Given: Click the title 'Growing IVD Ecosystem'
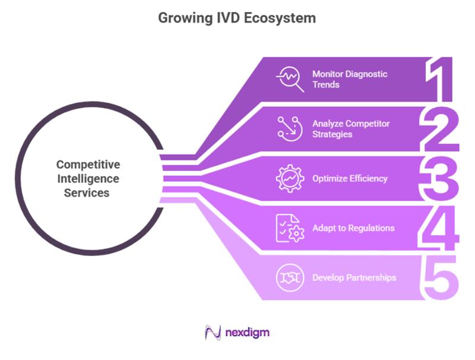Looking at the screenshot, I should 237,18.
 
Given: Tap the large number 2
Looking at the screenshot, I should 439,128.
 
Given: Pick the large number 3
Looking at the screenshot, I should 440,178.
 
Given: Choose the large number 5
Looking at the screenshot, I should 440,277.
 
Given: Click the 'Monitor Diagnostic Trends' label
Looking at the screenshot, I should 350,79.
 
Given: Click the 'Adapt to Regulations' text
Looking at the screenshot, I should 353,228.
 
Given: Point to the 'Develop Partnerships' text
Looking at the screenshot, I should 354,277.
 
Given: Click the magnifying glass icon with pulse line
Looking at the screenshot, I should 290,80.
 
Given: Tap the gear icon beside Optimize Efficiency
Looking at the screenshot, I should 290,178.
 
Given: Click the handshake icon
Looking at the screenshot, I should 290,277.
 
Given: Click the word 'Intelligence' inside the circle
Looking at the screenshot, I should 88,178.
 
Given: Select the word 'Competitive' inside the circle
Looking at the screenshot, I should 88,165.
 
